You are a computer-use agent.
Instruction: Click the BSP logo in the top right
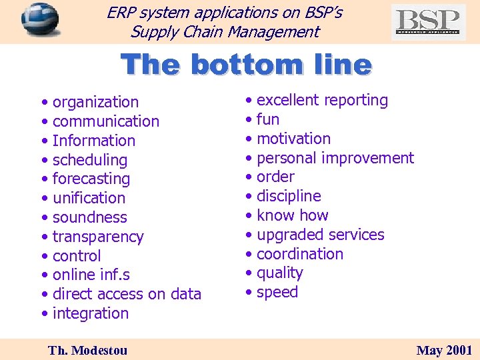(x=428, y=22)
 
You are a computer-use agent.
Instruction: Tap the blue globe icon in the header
(x=40, y=20)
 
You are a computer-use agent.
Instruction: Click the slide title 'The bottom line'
(x=246, y=65)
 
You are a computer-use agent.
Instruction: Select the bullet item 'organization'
(x=95, y=102)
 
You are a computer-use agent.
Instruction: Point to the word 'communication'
(x=105, y=121)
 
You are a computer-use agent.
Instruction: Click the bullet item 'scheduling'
(x=89, y=160)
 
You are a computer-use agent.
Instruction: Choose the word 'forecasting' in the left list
(x=91, y=179)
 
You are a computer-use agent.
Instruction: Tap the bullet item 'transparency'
(x=97, y=237)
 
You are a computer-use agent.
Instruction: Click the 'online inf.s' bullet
(x=91, y=275)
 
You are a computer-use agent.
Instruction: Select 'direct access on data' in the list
(x=126, y=294)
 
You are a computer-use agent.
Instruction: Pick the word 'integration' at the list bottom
(x=90, y=313)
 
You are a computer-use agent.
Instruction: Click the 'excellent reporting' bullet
(x=321, y=100)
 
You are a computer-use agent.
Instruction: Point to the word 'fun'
(x=267, y=119)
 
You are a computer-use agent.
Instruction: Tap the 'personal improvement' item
(x=335, y=158)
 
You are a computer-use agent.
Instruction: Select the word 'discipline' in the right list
(x=288, y=196)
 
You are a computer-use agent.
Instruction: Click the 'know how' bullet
(x=292, y=215)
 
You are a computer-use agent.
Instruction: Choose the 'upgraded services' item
(x=320, y=235)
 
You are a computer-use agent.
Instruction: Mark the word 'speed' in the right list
(x=277, y=292)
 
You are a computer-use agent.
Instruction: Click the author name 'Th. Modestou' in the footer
(x=87, y=350)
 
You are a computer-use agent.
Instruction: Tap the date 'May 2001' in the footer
(x=444, y=350)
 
